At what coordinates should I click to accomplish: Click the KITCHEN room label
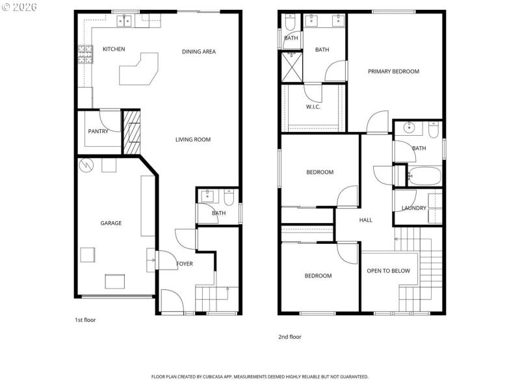[x=114, y=49]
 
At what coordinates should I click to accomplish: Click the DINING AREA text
[x=198, y=52]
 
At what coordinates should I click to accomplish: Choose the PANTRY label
[x=98, y=132]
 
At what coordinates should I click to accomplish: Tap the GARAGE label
[x=110, y=223]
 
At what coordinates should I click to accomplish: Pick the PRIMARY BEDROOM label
[x=393, y=71]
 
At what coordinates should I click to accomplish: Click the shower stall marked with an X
[x=292, y=67]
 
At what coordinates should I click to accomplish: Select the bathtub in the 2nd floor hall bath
[x=424, y=175]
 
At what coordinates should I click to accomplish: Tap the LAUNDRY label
[x=413, y=208]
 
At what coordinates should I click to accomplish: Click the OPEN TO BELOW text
[x=388, y=270]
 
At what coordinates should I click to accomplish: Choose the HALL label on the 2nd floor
[x=366, y=220]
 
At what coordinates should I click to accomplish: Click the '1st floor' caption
[x=85, y=320]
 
